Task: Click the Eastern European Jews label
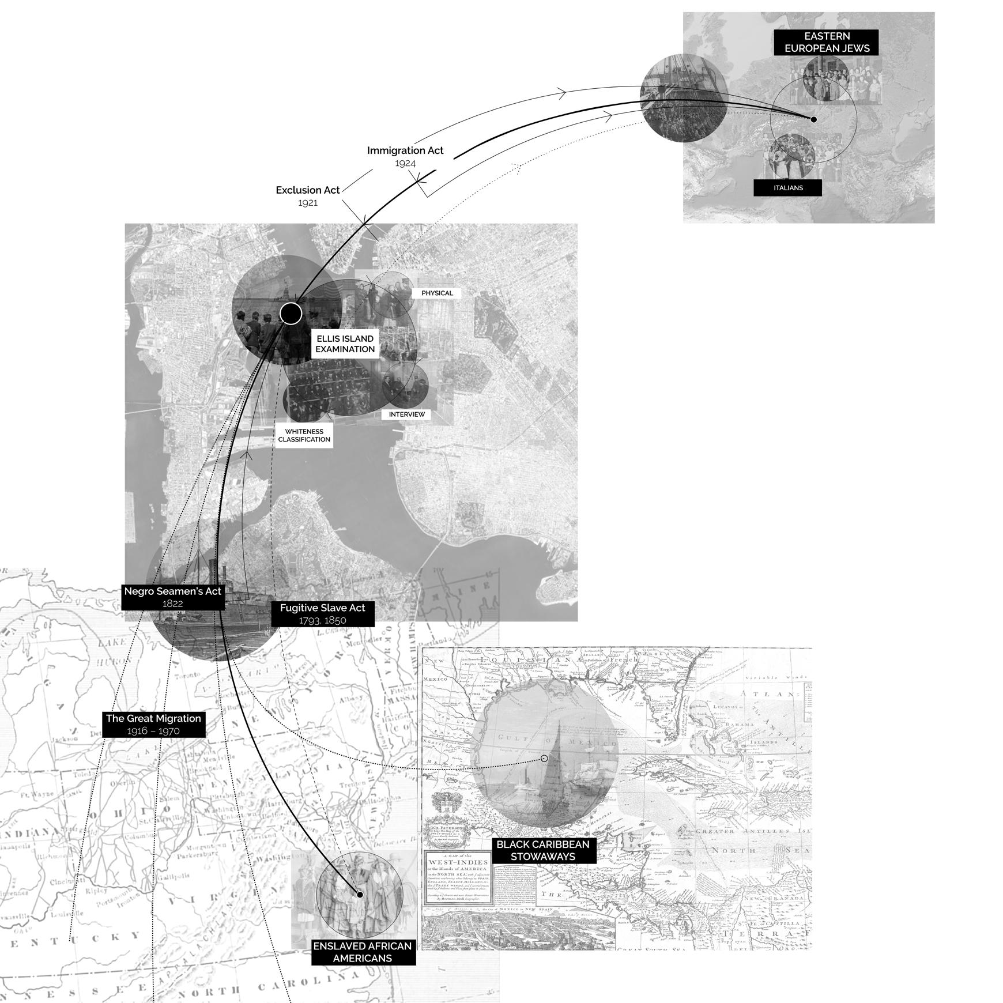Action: point(826,42)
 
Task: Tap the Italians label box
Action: point(787,188)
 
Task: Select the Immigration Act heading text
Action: point(405,150)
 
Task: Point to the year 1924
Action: point(405,163)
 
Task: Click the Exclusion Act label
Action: point(308,190)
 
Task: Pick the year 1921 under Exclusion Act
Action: point(308,203)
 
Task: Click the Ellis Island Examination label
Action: point(345,344)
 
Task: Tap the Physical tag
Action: point(437,293)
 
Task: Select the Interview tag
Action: point(406,414)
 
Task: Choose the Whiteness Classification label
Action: point(304,435)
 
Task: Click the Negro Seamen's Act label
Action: point(172,597)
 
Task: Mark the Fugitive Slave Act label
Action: point(322,614)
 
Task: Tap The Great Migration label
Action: point(153,724)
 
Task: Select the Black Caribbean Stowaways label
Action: point(542,850)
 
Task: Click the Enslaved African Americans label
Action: point(363,952)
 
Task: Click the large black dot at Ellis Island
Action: point(291,314)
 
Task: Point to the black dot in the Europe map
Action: point(813,119)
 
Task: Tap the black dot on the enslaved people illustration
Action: point(360,895)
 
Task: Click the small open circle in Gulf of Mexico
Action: point(544,759)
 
